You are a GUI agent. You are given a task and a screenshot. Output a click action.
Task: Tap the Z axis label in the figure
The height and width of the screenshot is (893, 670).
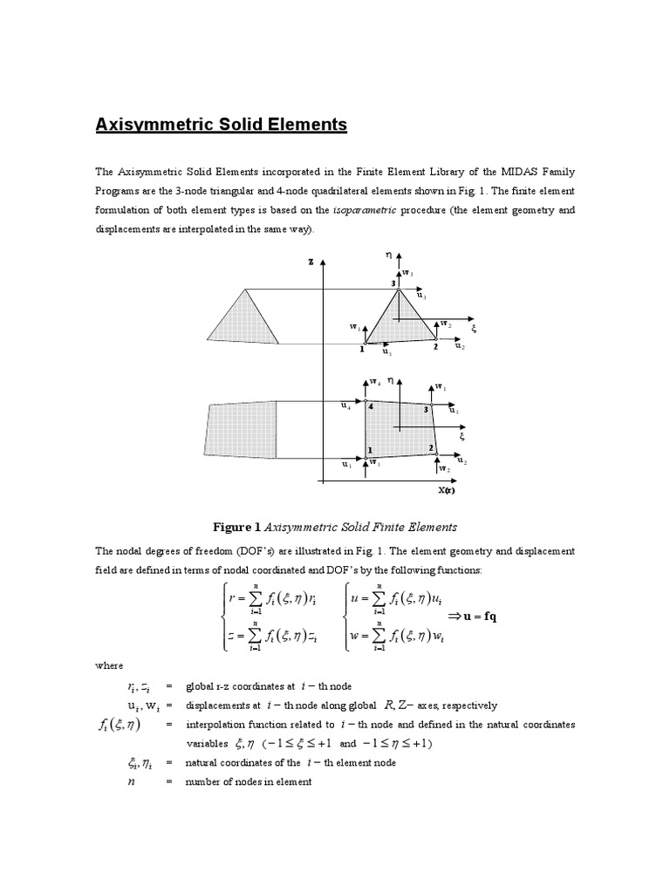(x=310, y=261)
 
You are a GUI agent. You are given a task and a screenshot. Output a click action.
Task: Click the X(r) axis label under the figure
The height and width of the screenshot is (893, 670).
(x=448, y=490)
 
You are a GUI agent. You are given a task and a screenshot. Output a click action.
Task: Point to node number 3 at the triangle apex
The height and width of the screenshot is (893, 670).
(x=393, y=283)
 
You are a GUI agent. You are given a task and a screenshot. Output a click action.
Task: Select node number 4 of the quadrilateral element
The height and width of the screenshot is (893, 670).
(x=370, y=406)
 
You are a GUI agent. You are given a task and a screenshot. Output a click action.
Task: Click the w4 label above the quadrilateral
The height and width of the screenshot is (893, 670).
(x=374, y=381)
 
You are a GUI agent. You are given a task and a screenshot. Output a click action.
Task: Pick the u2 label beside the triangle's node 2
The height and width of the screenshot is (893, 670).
(x=460, y=347)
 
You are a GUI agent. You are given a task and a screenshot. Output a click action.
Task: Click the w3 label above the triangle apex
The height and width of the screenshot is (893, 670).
(x=407, y=273)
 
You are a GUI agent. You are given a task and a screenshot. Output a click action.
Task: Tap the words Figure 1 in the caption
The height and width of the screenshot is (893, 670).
(x=236, y=527)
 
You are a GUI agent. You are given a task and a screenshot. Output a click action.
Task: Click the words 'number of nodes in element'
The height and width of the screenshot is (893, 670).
(x=248, y=781)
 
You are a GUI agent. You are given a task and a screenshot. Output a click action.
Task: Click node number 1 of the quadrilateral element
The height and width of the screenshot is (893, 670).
(x=370, y=449)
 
